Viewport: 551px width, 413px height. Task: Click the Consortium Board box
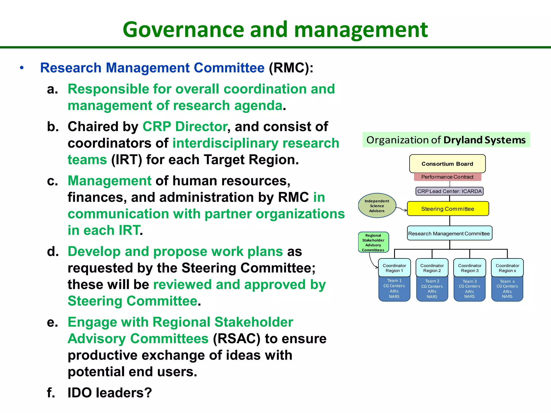[x=447, y=163]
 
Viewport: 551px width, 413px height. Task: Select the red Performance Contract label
[x=447, y=177]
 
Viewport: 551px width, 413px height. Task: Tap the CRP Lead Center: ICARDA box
[x=449, y=191]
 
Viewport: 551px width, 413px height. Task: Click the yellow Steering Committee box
[x=448, y=209]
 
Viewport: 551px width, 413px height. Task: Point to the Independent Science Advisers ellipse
[x=377, y=206]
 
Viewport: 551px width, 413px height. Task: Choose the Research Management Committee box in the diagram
[x=449, y=233]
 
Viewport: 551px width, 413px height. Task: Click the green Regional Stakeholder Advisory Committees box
[x=373, y=242]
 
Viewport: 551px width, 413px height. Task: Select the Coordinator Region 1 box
[x=394, y=268]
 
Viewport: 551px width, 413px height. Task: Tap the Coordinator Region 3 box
[x=469, y=268]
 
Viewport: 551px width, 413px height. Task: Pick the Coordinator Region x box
[x=507, y=268]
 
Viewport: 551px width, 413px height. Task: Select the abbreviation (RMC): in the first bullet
[x=291, y=68]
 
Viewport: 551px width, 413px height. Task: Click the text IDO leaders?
[x=110, y=393]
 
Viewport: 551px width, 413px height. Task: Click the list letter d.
[x=53, y=252]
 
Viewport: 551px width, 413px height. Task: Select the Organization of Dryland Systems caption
[x=446, y=140]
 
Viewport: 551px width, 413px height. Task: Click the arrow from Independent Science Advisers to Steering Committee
[x=402, y=209]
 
